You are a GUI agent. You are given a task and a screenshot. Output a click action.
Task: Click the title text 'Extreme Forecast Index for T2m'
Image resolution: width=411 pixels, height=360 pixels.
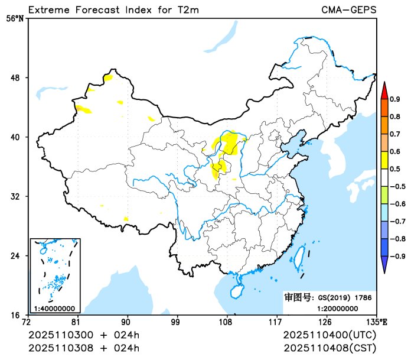[x=113, y=9]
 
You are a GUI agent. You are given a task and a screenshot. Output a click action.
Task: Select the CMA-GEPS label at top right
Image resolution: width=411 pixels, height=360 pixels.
[x=349, y=9]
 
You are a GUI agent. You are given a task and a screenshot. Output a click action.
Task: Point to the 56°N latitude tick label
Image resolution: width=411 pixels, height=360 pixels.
[x=15, y=18]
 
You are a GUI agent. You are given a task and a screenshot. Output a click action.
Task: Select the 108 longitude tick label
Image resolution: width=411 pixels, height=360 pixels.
[x=226, y=322]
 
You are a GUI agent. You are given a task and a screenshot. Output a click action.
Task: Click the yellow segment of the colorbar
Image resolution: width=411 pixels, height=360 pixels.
[x=384, y=160]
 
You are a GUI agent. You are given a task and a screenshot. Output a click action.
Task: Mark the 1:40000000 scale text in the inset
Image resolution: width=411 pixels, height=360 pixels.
[x=54, y=308]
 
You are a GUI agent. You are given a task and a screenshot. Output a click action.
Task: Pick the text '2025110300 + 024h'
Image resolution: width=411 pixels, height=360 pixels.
[x=84, y=335]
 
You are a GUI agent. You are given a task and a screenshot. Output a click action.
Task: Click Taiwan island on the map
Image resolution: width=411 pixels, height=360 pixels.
[x=298, y=255]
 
